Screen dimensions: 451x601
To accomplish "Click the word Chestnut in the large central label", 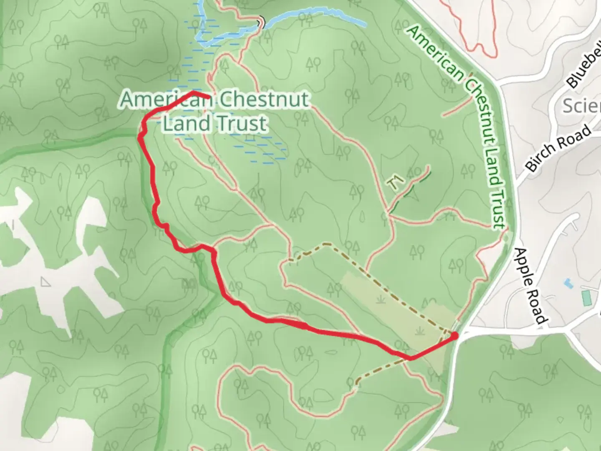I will click(x=264, y=99).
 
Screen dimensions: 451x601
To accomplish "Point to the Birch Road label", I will click(x=558, y=148).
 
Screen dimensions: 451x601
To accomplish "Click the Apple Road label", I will click(x=530, y=286).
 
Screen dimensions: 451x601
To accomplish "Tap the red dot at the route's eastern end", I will click(x=454, y=335).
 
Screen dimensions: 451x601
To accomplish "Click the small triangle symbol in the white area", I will click(x=45, y=282).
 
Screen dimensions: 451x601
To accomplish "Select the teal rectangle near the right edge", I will click(x=587, y=298).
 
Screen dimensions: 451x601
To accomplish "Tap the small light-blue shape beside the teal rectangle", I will click(x=568, y=284).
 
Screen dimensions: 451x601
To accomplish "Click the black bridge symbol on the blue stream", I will click(x=261, y=23).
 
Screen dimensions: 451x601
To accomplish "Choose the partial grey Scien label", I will click(x=581, y=106).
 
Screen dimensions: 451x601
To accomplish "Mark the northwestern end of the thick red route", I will click(x=208, y=97).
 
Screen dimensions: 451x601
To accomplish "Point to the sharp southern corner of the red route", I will click(x=411, y=358).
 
